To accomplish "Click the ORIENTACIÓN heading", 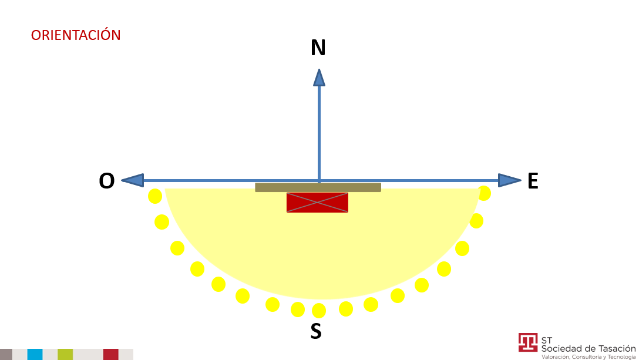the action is pyautogui.click(x=76, y=35).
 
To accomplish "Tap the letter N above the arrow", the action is pyautogui.click(x=318, y=48).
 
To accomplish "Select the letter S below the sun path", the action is pyautogui.click(x=316, y=331).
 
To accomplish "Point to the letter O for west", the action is pyautogui.click(x=107, y=181).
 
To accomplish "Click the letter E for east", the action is pyautogui.click(x=533, y=181).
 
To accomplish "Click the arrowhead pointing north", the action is pyautogui.click(x=319, y=78).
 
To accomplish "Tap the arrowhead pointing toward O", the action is pyautogui.click(x=133, y=180).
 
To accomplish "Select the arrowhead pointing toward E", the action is pyautogui.click(x=510, y=180).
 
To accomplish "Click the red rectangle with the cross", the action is pyautogui.click(x=318, y=203).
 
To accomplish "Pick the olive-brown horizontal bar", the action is pyautogui.click(x=318, y=187).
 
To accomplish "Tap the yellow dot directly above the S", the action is pyautogui.click(x=319, y=311).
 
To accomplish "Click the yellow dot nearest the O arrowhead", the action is pyautogui.click(x=155, y=196).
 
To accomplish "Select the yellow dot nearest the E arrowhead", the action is pyautogui.click(x=484, y=193).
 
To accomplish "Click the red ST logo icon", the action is pyautogui.click(x=528, y=342).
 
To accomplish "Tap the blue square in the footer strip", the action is pyautogui.click(x=35, y=354).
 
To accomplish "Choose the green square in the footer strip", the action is pyautogui.click(x=65, y=354).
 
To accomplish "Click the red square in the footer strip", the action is pyautogui.click(x=111, y=354).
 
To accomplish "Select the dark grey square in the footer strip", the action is pyautogui.click(x=6, y=354).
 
